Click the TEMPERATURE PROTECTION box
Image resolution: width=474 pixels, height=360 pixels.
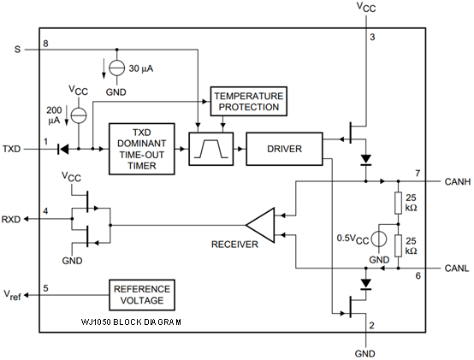[x=246, y=101]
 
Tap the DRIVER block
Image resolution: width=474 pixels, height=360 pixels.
[x=283, y=149]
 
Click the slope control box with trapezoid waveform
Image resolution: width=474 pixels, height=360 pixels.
[x=210, y=149]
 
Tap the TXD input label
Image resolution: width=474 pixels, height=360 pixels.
[x=12, y=149]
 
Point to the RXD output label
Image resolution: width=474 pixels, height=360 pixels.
[x=12, y=218]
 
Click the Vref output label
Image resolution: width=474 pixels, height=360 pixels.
[x=12, y=295]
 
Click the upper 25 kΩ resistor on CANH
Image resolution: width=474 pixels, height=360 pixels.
[x=399, y=203]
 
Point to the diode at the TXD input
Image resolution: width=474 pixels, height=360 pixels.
[x=63, y=149]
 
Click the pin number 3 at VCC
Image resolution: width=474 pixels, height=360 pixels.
[x=372, y=38]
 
